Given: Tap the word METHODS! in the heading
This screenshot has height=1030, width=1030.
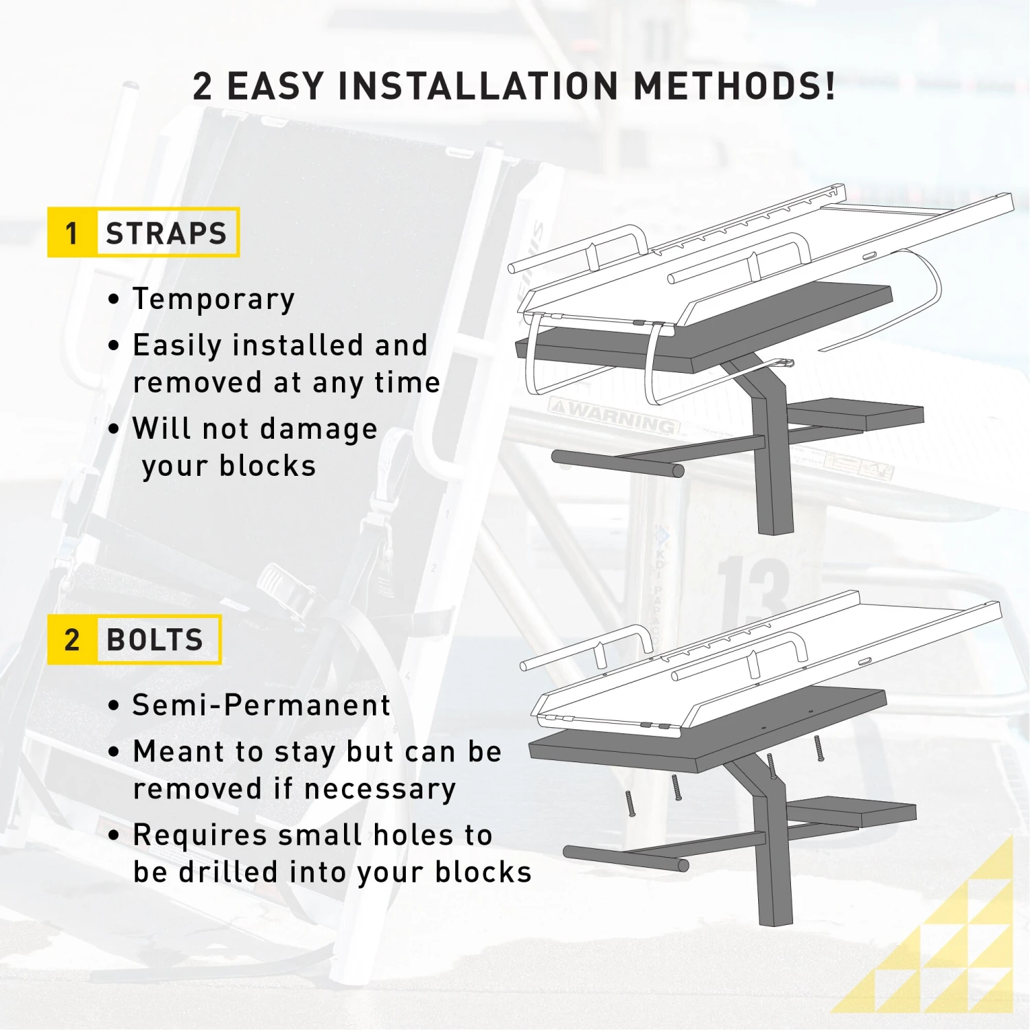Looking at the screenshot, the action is pyautogui.click(x=734, y=87).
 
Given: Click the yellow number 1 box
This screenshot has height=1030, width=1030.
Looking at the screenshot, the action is pyautogui.click(x=72, y=232).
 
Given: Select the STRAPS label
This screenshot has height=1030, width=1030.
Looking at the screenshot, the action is pyautogui.click(x=166, y=233).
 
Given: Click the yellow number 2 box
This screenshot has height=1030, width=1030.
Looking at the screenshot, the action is pyautogui.click(x=72, y=639).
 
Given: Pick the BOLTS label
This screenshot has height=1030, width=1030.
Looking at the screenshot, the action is pyautogui.click(x=155, y=640).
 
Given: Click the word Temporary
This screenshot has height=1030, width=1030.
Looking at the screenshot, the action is pyautogui.click(x=214, y=300).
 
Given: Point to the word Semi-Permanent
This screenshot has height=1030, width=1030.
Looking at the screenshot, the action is pyautogui.click(x=261, y=705).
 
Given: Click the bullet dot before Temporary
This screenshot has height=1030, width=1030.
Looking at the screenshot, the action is pyautogui.click(x=114, y=299).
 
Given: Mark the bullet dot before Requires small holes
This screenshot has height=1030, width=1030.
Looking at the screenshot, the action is pyautogui.click(x=114, y=836).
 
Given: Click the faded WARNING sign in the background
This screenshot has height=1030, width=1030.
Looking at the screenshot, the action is pyautogui.click(x=614, y=414).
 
